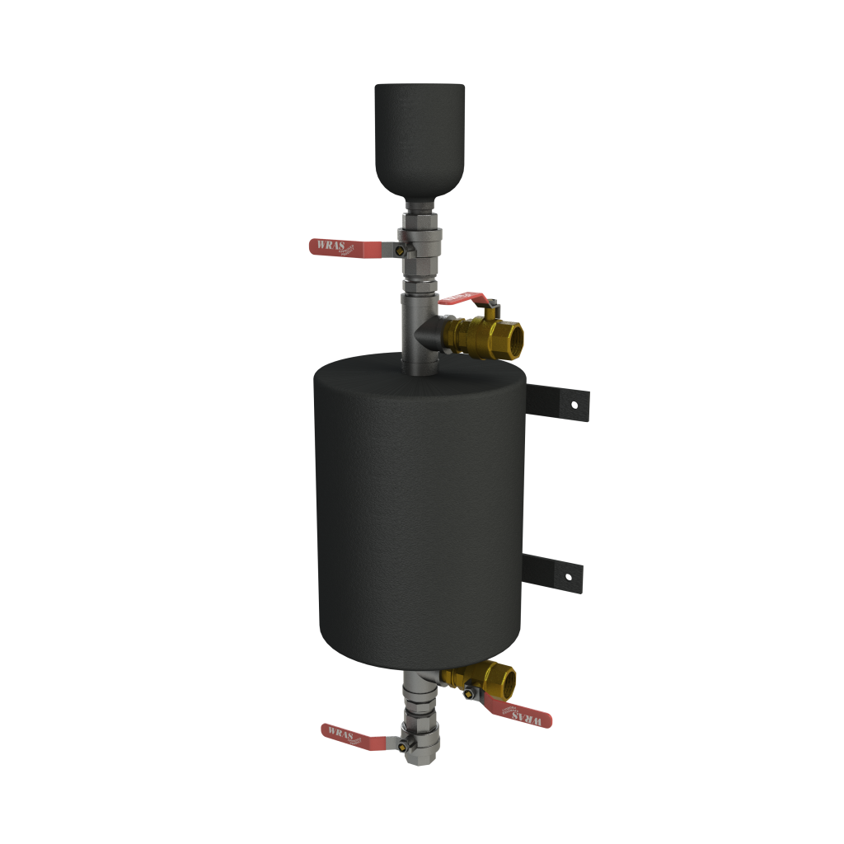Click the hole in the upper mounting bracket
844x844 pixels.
[x=572, y=404]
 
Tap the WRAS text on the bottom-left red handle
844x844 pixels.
[x=341, y=731]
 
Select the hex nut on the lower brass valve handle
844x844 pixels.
[x=469, y=693]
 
